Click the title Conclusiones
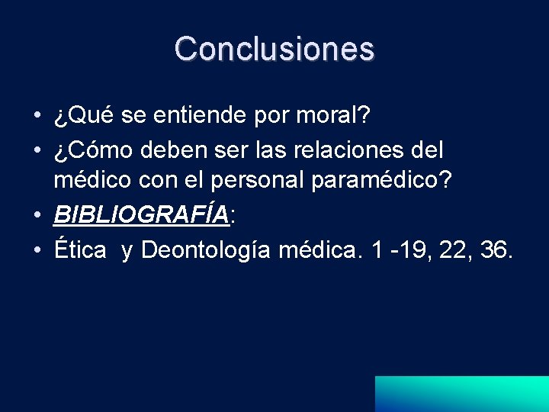coord(274,49)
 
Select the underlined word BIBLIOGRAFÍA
coord(141,216)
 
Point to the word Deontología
coord(205,250)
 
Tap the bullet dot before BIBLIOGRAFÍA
coord(37,217)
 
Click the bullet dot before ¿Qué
coord(37,117)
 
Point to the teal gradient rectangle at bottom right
coord(461,394)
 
